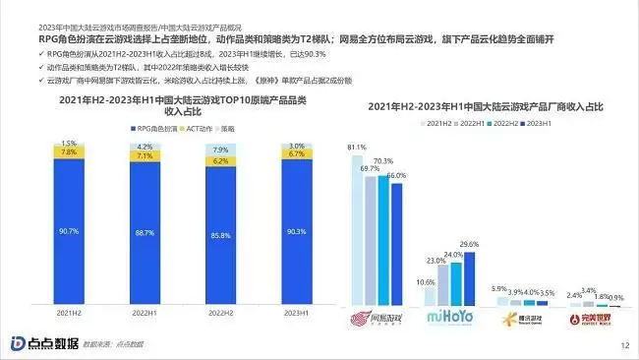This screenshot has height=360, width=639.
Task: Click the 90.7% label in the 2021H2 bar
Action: tap(70, 231)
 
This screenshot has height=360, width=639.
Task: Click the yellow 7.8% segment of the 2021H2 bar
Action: tap(70, 152)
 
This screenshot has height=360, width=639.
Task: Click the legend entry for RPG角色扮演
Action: tap(158, 129)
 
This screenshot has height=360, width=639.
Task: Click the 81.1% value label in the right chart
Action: tap(358, 148)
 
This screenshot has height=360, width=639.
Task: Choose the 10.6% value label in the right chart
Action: tap(428, 282)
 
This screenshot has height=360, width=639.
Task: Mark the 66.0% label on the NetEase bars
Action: tap(397, 175)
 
